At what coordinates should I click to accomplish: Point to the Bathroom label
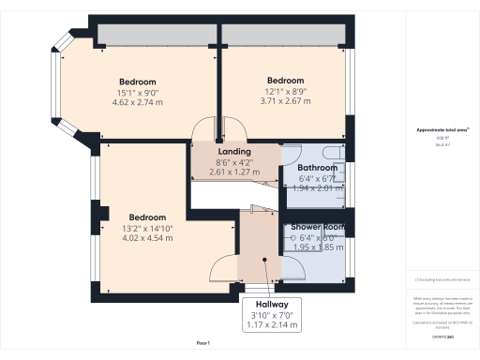click(317, 168)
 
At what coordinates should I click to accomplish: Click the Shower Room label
click(317, 227)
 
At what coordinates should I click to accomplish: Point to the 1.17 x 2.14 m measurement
click(271, 324)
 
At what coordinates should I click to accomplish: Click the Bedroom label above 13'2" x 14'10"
click(148, 216)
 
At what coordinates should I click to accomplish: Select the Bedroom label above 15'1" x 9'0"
click(137, 82)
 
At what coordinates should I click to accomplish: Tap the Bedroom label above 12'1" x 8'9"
click(285, 80)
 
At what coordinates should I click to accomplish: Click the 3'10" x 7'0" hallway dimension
click(271, 315)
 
